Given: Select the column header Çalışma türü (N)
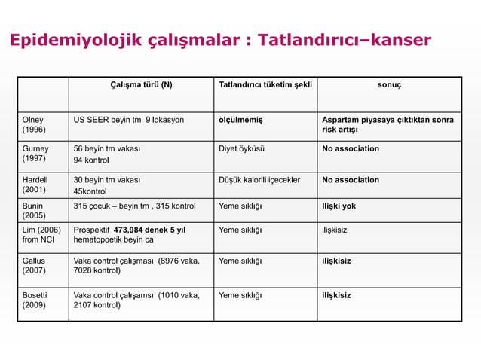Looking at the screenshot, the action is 141,84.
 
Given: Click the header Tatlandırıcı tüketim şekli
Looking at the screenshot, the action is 265,84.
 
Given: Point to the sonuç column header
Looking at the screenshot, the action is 389,84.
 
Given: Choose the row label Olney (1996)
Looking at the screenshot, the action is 32,126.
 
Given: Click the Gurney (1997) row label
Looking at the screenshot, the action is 35,154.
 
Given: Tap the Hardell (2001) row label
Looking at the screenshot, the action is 35,185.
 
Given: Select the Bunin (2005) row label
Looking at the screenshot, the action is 33,210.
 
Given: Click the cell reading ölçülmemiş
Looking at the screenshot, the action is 240,120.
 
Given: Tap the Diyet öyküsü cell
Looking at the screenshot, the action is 241,149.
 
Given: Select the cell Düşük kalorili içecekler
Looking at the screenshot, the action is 259,180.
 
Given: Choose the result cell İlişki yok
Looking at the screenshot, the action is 339,206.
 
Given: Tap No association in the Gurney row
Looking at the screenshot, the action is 351,149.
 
